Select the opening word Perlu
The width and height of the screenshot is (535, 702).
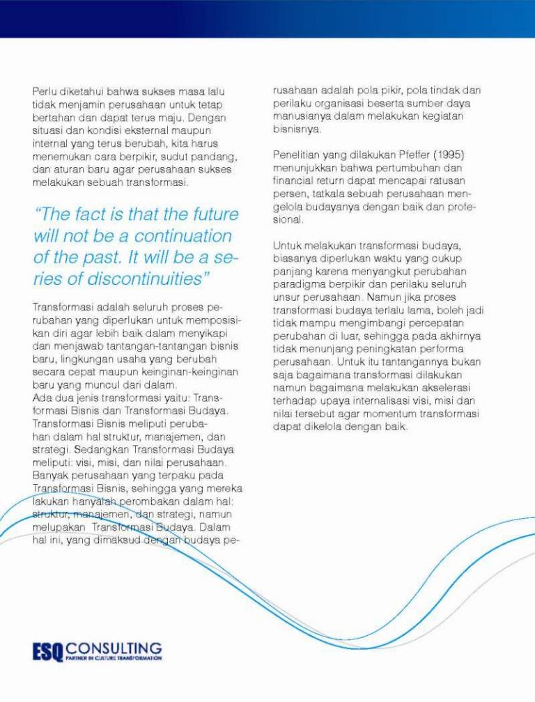45,91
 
